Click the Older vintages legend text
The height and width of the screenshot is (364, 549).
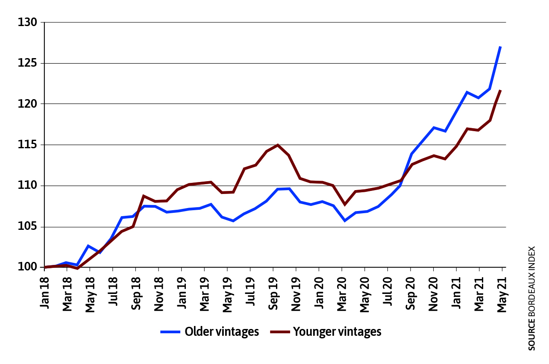tap(222, 332)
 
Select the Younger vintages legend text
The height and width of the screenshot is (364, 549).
tap(337, 332)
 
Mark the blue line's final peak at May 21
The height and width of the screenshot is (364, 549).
tap(500, 47)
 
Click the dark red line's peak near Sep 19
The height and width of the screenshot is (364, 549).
tap(278, 145)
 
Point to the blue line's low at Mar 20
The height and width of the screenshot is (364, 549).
tap(345, 220)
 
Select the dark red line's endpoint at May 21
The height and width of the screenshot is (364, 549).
tap(500, 91)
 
